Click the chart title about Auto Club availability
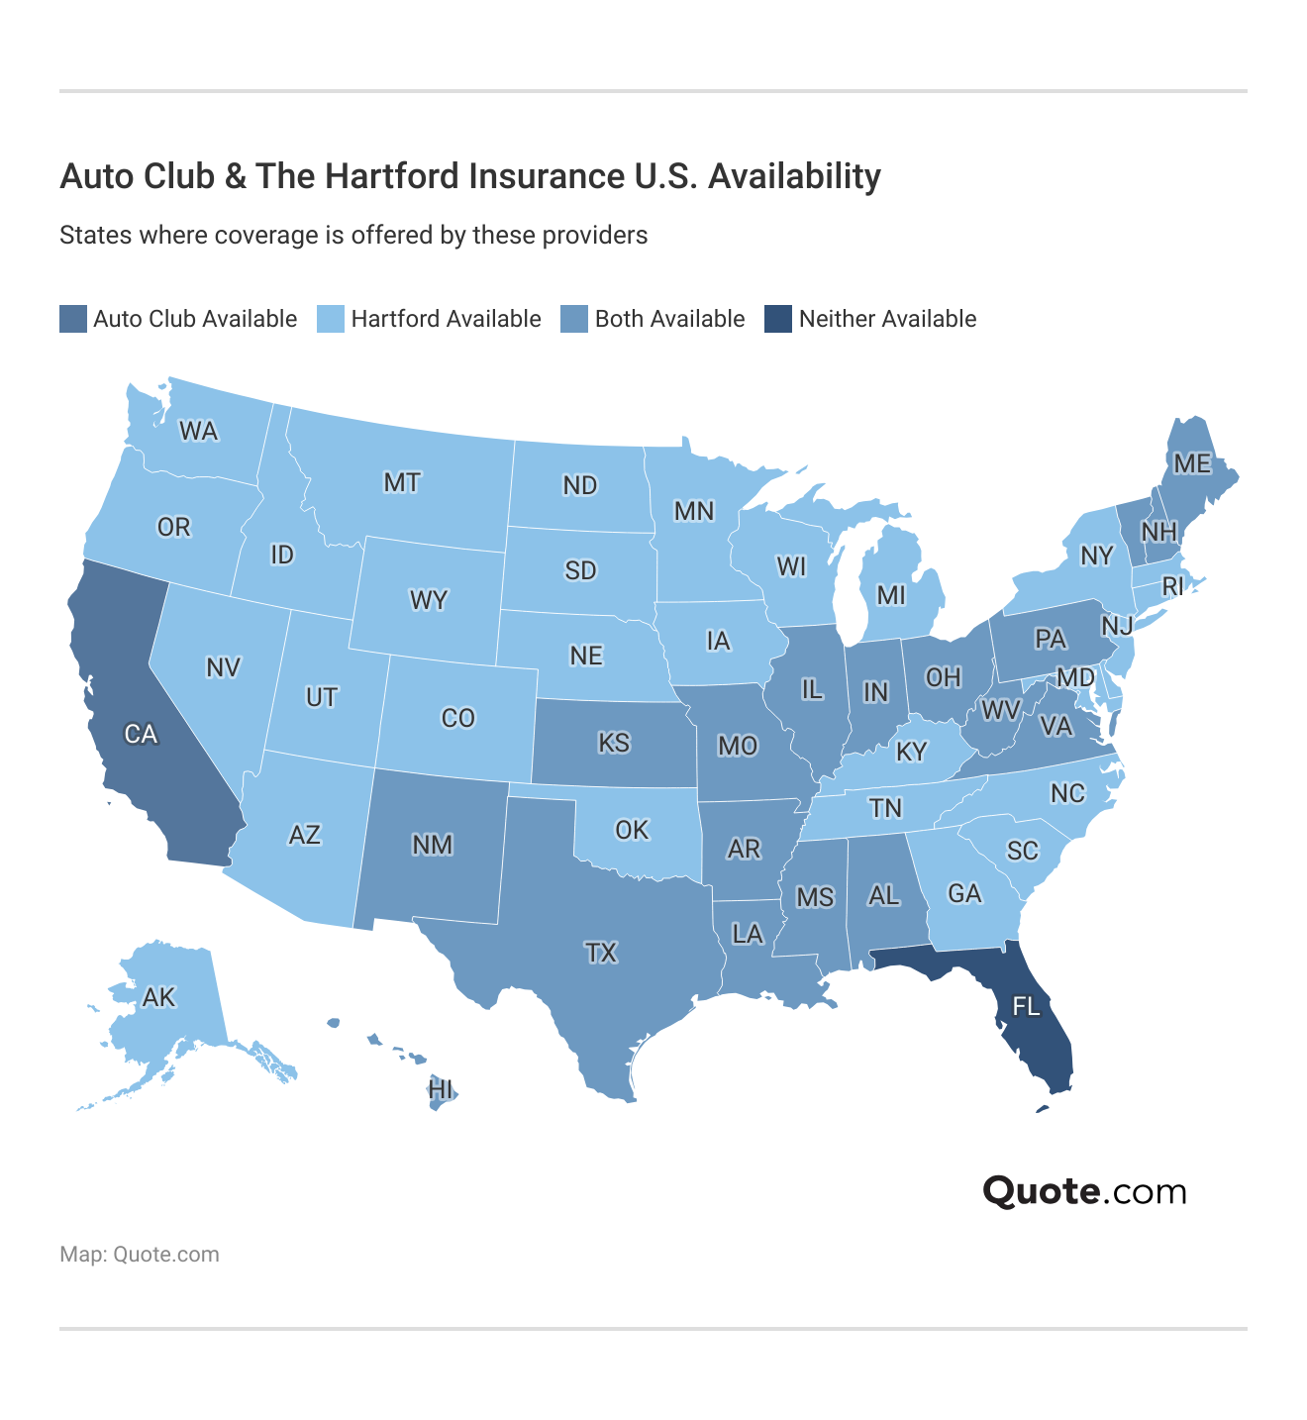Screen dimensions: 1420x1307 pyautogui.click(x=470, y=176)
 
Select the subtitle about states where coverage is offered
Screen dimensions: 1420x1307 pyautogui.click(x=353, y=236)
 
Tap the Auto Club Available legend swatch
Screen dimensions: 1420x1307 pyautogui.click(x=73, y=319)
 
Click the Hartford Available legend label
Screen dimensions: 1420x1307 pyautogui.click(x=446, y=319)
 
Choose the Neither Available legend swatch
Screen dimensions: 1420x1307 pyautogui.click(x=778, y=319)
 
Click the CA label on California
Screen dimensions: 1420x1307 pyautogui.click(x=141, y=734)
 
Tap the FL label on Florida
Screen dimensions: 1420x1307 pyautogui.click(x=1026, y=1007)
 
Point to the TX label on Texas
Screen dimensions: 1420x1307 pyautogui.click(x=601, y=953)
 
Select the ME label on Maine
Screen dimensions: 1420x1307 pyautogui.click(x=1192, y=463)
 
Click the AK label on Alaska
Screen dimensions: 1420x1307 pyautogui.click(x=159, y=996)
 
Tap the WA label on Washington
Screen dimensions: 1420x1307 pyautogui.click(x=198, y=431)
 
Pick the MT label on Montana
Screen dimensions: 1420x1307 pyautogui.click(x=402, y=482)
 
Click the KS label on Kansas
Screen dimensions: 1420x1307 pyautogui.click(x=614, y=743)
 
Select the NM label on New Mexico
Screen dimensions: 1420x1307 pyautogui.click(x=433, y=845)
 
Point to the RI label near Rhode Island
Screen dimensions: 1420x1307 pyautogui.click(x=1172, y=586)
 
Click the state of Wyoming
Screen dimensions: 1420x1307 pyautogui.click(x=429, y=600)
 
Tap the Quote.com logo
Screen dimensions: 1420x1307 pyautogui.click(x=1084, y=1191)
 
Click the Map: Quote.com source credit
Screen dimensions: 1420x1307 pyautogui.click(x=140, y=1255)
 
